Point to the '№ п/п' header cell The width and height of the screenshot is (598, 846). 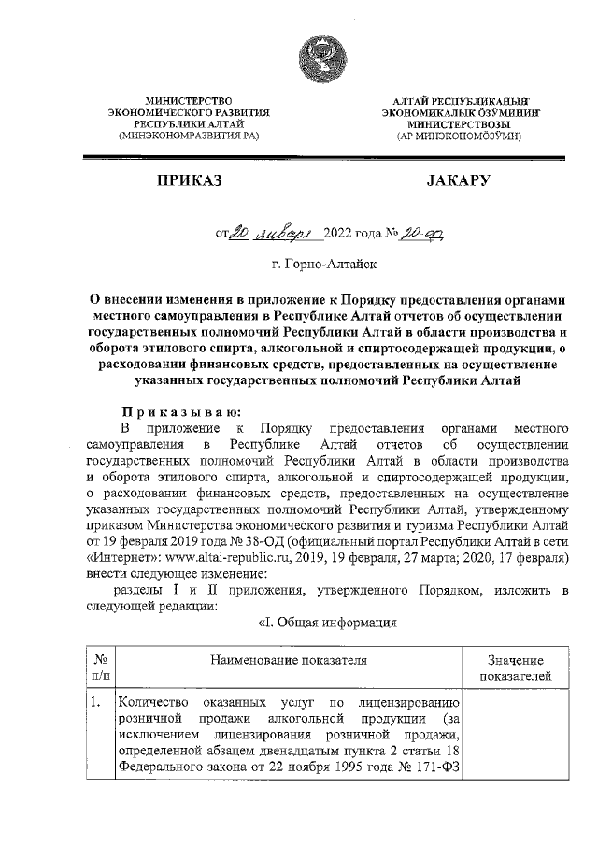(98, 667)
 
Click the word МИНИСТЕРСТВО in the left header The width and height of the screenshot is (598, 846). (190, 99)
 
